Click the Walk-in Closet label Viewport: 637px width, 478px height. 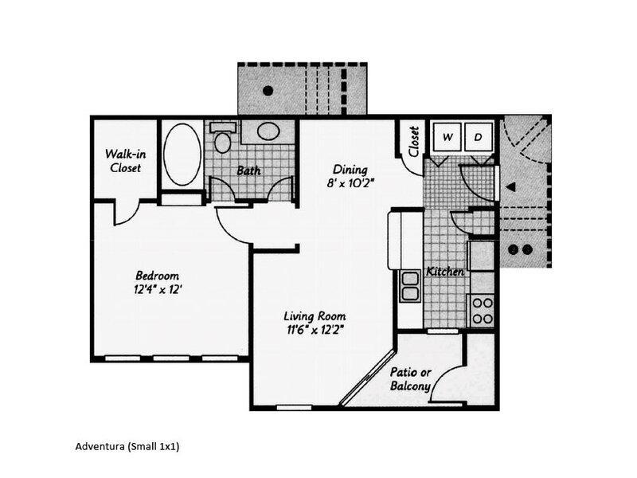click(x=124, y=161)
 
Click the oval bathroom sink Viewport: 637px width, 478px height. click(x=269, y=132)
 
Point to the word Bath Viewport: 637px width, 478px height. click(x=250, y=170)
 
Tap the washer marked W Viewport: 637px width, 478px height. click(x=447, y=137)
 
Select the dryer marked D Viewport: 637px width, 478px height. click(x=479, y=137)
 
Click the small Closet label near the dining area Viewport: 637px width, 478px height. click(x=414, y=142)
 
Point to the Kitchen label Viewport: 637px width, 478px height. click(x=445, y=272)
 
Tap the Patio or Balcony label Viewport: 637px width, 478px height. click(x=411, y=379)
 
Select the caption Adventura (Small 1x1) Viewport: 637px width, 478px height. click(x=127, y=446)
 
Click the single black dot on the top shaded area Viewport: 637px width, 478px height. click(x=269, y=89)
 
